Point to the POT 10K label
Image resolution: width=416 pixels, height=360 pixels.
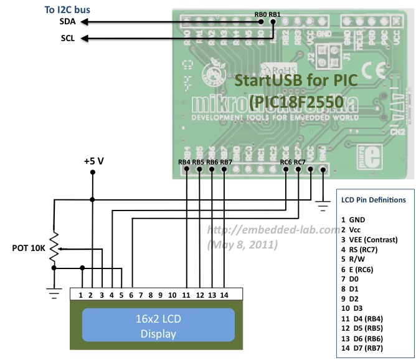29,248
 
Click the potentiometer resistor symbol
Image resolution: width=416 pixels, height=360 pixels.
54,248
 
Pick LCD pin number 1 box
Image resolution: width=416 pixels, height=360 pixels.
80,294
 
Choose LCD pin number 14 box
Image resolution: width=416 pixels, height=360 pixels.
224,294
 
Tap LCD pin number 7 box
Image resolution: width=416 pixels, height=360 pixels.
141,294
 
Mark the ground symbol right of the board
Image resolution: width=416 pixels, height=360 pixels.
323,201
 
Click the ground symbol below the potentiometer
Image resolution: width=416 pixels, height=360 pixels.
54,292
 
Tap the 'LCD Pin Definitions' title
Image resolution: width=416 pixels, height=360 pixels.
374,200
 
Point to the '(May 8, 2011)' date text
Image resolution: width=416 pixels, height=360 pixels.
242,244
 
